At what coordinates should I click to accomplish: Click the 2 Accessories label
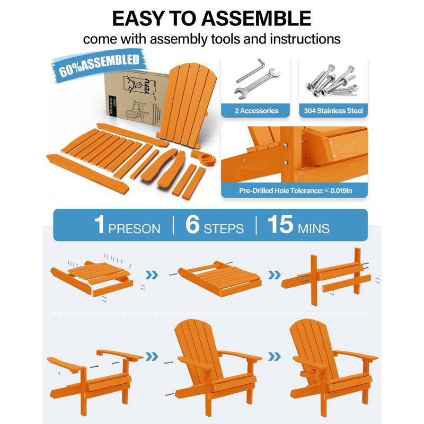[x=257, y=111]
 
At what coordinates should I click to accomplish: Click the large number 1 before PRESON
[x=99, y=225]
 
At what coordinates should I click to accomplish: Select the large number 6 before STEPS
[x=192, y=225]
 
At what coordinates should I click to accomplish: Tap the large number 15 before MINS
[x=280, y=225]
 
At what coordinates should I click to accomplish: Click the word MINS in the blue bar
[x=314, y=228]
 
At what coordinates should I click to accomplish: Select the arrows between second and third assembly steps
[x=273, y=275]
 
